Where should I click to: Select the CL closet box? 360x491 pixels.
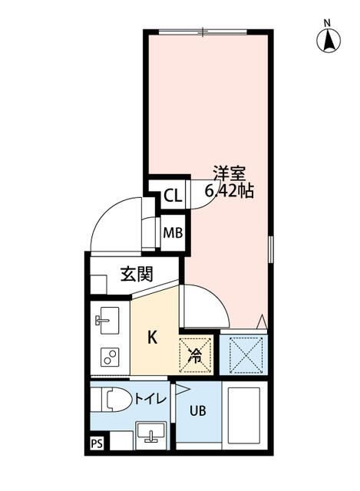coord(173,196)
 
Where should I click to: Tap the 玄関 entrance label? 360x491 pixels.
coord(136,274)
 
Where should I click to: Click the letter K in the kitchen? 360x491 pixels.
coord(152,338)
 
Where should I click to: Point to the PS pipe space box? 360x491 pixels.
coord(97,443)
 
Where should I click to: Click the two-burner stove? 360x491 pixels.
coord(108,356)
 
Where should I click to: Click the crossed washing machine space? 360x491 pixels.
coord(243,354)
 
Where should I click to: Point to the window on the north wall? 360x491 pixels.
coord(203,31)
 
